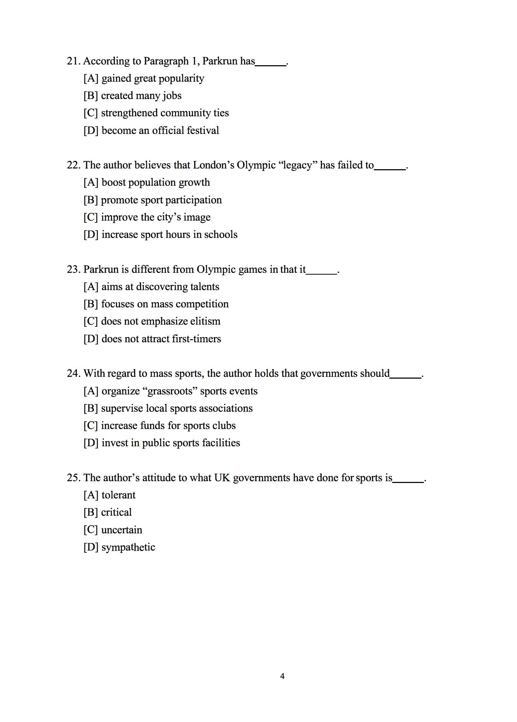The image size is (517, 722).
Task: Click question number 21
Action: (x=73, y=61)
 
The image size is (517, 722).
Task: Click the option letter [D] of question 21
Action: (x=91, y=131)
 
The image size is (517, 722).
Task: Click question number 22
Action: (x=73, y=165)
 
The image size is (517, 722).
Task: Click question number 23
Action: (x=73, y=270)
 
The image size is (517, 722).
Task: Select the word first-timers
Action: (x=196, y=339)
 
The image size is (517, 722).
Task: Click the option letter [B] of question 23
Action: (x=91, y=304)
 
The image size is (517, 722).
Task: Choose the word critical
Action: (x=116, y=513)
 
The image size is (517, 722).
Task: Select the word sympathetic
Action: (x=128, y=547)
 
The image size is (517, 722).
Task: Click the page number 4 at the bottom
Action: (x=282, y=676)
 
